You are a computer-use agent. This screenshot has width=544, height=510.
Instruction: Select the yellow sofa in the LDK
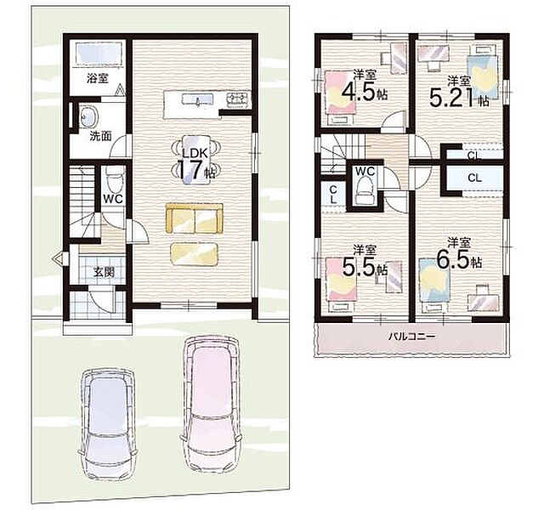tap(195, 218)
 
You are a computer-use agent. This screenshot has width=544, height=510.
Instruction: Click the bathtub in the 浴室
tap(99, 54)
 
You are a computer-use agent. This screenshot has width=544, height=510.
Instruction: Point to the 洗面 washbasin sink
tap(89, 116)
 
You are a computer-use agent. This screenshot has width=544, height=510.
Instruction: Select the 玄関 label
tap(104, 272)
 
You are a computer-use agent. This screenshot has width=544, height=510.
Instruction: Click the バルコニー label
tap(411, 337)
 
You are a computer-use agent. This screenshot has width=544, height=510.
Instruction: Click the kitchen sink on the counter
tap(197, 99)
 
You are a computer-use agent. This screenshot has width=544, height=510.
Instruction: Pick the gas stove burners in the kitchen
tap(238, 99)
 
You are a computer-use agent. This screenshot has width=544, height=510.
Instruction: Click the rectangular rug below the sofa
tap(195, 254)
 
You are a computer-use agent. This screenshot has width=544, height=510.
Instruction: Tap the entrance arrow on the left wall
tap(59, 258)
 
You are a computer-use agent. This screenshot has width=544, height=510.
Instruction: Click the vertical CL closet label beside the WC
tap(333, 195)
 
